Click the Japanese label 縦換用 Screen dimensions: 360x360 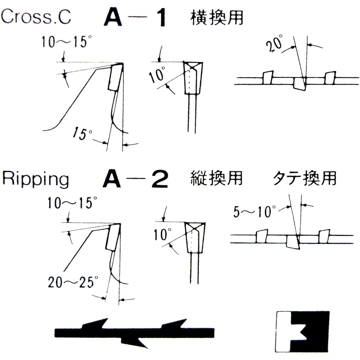click(216, 178)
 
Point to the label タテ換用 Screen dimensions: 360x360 click(304, 178)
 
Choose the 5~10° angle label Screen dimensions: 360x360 click(254, 211)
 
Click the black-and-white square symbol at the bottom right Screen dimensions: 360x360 click(302, 331)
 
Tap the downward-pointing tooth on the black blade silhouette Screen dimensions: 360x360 click(135, 340)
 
